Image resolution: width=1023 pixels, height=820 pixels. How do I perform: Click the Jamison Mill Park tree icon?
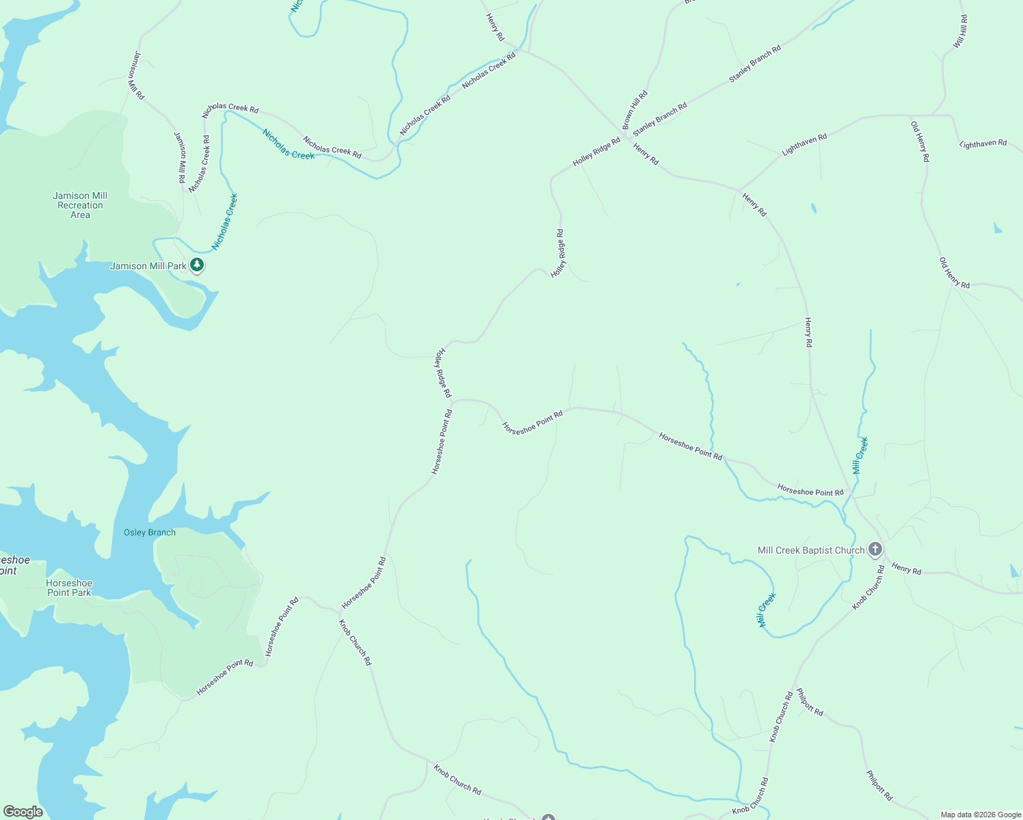click(x=197, y=264)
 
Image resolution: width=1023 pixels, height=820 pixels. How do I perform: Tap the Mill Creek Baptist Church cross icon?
click(x=875, y=549)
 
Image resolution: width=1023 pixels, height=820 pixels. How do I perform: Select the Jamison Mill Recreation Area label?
click(x=80, y=205)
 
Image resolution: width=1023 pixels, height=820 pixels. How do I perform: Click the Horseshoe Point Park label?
click(x=69, y=588)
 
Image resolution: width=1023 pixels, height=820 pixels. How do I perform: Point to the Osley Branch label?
click(x=150, y=532)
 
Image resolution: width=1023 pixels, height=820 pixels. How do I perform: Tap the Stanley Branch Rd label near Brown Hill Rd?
click(x=660, y=120)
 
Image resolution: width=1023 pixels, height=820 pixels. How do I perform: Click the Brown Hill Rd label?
click(x=634, y=109)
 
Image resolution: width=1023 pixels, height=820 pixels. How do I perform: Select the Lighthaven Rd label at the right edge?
click(x=983, y=143)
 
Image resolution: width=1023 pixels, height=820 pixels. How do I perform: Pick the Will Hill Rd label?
click(x=961, y=31)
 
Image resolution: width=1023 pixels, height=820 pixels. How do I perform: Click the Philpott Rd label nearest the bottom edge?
click(x=879, y=785)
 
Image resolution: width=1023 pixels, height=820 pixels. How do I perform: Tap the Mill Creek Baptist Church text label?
click(x=811, y=550)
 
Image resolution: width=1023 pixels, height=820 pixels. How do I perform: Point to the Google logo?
click(x=23, y=812)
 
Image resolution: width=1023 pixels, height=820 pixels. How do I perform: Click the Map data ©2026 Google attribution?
click(x=981, y=815)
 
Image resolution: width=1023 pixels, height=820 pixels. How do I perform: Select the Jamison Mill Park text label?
click(x=148, y=266)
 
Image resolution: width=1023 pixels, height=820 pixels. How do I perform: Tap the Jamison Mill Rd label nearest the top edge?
click(x=135, y=76)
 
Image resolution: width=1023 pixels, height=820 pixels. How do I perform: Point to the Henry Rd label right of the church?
click(x=907, y=569)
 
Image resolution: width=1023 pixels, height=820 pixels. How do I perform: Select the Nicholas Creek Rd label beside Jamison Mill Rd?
click(x=199, y=163)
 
